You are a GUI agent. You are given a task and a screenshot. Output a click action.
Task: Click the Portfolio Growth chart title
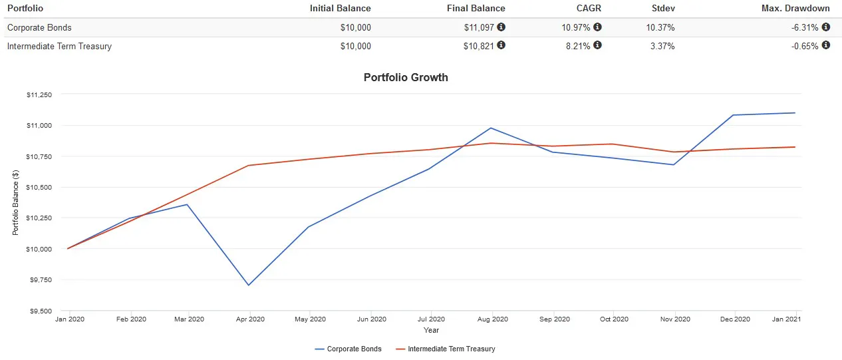click(406, 77)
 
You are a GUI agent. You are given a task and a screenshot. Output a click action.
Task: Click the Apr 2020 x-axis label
click(249, 319)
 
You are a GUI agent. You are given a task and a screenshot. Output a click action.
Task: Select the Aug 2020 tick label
click(492, 319)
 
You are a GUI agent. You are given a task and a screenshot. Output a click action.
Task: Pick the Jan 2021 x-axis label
click(785, 319)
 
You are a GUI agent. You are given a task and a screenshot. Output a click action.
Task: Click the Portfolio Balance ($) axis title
click(15, 202)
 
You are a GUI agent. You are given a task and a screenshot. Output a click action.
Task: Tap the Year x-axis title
click(431, 330)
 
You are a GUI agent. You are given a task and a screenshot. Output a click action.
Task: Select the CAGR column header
click(589, 9)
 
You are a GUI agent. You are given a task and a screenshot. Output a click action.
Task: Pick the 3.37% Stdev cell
click(662, 46)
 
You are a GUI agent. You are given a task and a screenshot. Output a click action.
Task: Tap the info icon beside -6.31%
click(826, 27)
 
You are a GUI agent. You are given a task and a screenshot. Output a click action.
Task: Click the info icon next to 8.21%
click(597, 45)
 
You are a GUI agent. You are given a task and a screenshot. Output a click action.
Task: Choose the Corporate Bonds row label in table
click(39, 27)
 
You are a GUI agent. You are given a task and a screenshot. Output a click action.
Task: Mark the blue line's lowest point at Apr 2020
click(249, 285)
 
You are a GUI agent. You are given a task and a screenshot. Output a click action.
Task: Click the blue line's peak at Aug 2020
click(491, 128)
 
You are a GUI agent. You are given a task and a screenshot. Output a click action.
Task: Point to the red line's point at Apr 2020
click(249, 165)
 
